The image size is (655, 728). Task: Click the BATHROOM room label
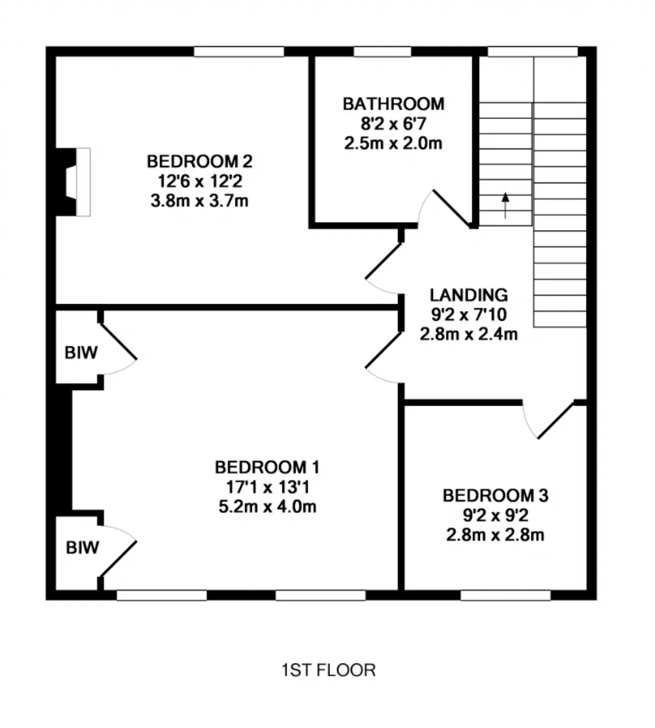(394, 104)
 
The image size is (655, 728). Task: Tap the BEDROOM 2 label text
(199, 161)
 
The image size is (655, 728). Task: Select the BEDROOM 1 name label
(267, 467)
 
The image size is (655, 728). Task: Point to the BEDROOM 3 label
(495, 496)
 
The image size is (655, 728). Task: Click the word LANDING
(469, 295)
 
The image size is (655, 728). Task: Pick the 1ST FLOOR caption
(329, 670)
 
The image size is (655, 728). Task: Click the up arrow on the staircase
(505, 206)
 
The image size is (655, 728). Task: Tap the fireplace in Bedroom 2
(73, 182)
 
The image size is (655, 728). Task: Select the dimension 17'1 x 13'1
(268, 487)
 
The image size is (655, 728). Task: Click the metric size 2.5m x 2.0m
(394, 143)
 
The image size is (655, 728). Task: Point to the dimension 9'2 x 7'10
(469, 315)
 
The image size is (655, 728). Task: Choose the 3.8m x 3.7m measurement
(200, 201)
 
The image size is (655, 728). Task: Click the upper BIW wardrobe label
(81, 352)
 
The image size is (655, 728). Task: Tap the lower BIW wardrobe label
(82, 548)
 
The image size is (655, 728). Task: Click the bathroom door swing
(445, 209)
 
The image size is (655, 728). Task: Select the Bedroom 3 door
(549, 419)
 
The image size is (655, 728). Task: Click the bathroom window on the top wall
(382, 52)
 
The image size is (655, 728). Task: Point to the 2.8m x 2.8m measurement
(495, 536)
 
